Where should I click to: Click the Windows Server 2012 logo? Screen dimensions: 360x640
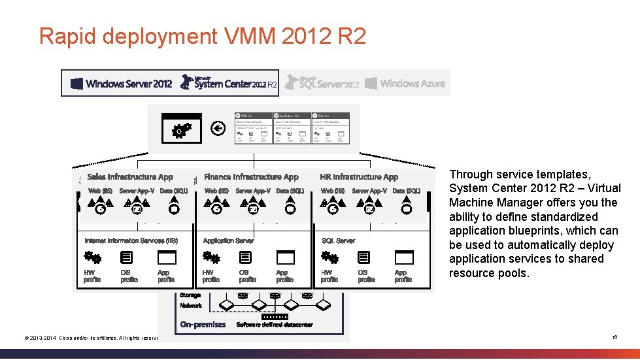click(121, 84)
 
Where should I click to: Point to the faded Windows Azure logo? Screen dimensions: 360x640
click(405, 83)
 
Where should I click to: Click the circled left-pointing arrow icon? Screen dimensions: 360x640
click(219, 129)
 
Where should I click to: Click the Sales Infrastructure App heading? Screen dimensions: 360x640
click(130, 177)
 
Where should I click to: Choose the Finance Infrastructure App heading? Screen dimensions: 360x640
click(251, 177)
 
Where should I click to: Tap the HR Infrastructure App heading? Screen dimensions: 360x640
click(359, 177)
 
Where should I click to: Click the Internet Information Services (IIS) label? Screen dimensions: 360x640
click(131, 241)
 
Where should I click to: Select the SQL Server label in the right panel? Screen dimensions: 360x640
click(339, 241)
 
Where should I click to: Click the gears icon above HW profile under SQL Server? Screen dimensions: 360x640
click(329, 258)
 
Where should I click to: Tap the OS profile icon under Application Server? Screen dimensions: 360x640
click(246, 258)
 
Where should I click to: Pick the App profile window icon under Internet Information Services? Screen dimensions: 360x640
click(167, 258)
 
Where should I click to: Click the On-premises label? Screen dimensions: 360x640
click(203, 325)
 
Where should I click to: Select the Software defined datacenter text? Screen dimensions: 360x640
click(275, 325)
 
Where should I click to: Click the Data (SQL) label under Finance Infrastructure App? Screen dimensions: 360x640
click(290, 191)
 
